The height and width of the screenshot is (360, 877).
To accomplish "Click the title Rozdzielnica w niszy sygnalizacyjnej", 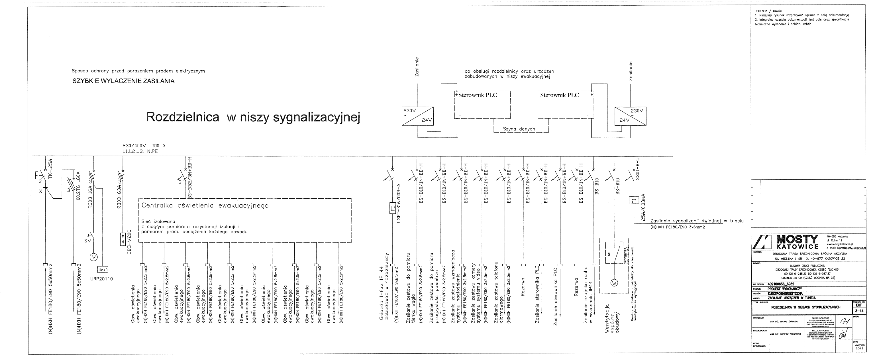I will (x=253, y=117).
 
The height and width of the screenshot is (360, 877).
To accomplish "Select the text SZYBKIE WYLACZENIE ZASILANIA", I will (x=123, y=81).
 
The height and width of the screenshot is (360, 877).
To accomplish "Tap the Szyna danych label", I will (x=519, y=129).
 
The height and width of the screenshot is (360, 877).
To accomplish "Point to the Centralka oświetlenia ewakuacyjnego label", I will (x=205, y=206).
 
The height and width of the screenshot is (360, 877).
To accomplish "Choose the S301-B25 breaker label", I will (x=638, y=168).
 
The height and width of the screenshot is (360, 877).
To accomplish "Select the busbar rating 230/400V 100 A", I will (x=144, y=146).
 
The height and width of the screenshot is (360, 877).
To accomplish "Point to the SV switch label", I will (x=87, y=241).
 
